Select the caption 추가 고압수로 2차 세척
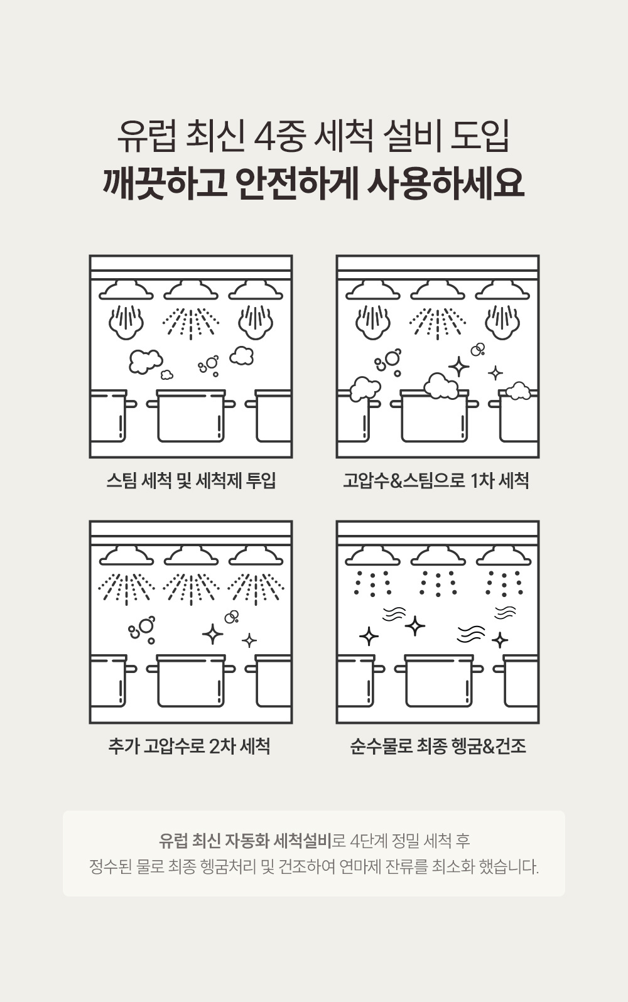pyautogui.click(x=189, y=746)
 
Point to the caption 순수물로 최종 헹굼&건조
pyautogui.click(x=438, y=746)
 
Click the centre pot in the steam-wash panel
pyautogui.click(x=191, y=416)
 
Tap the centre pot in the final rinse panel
pyautogui.click(x=439, y=681)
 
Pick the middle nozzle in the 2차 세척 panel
pyautogui.click(x=192, y=556)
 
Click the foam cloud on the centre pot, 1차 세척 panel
pyautogui.click(x=441, y=385)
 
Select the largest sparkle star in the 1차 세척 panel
pyautogui.click(x=459, y=367)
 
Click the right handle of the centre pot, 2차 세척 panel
pyautogui.click(x=229, y=669)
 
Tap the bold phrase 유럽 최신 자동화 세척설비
pyautogui.click(x=245, y=841)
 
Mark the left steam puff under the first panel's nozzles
pyautogui.click(x=126, y=321)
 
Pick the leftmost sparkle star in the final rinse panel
pyautogui.click(x=369, y=636)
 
